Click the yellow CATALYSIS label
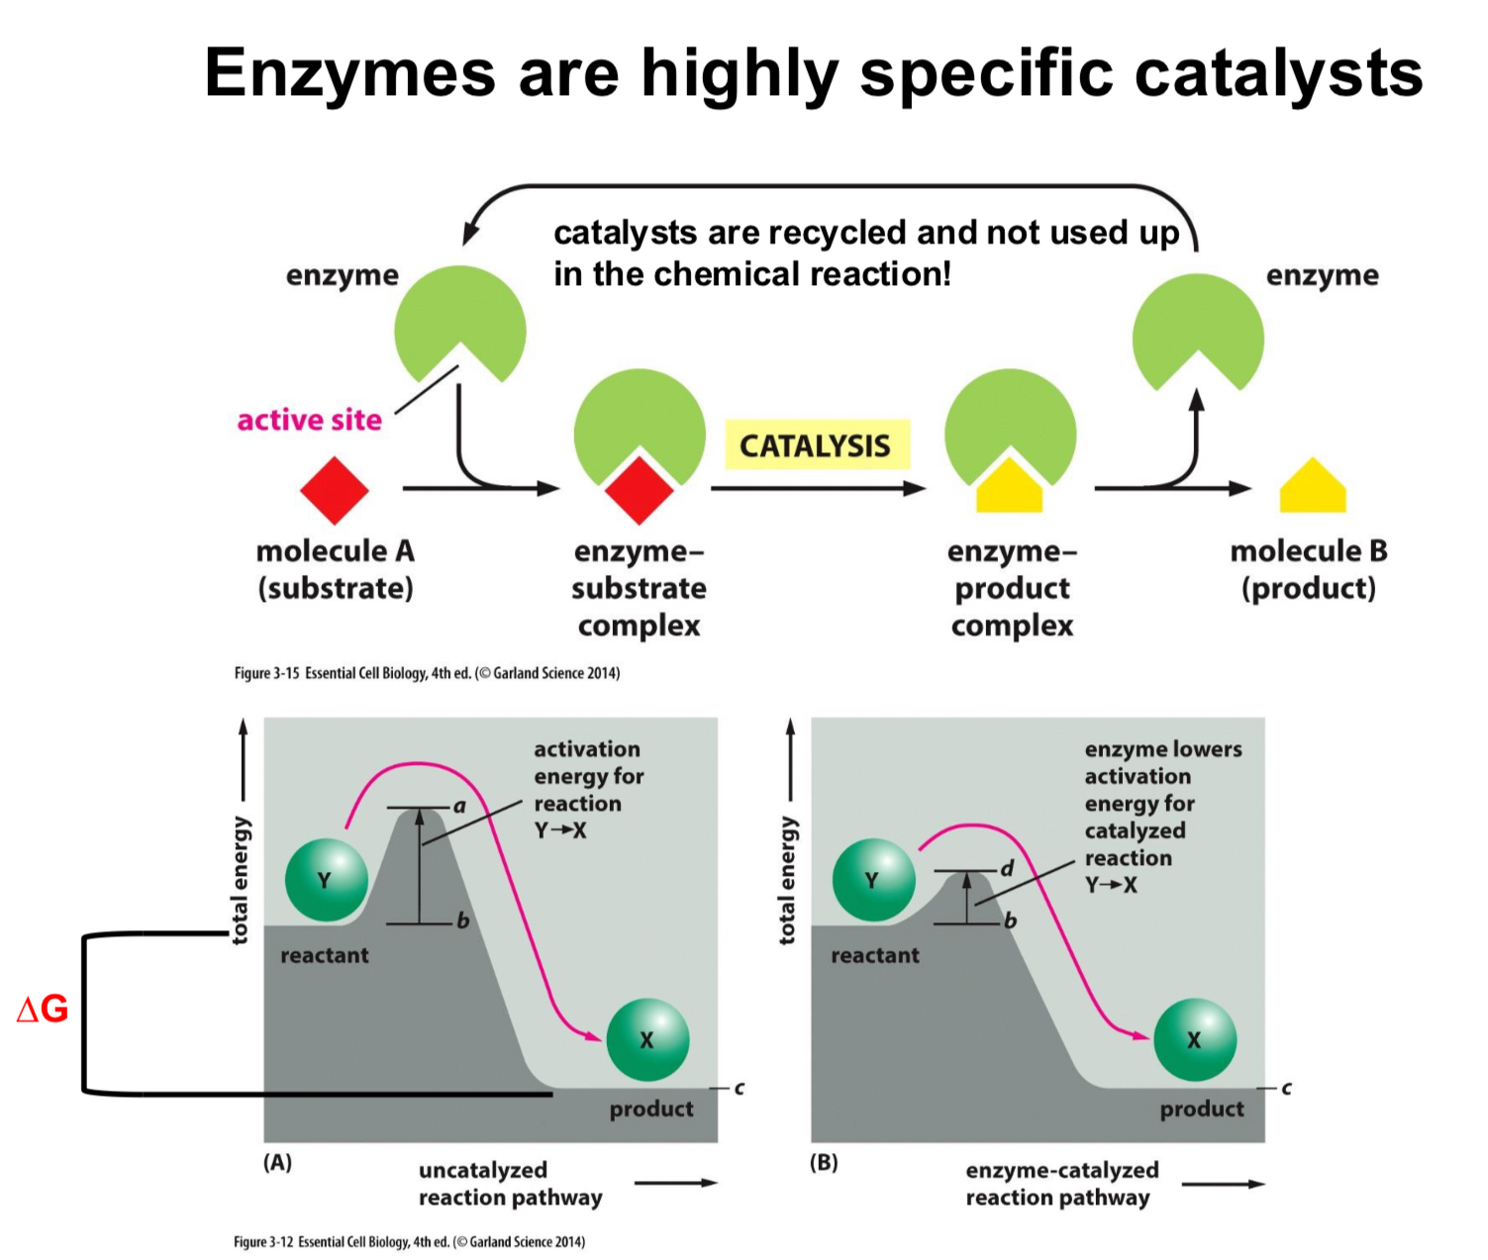pos(816,445)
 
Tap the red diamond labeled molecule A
pos(335,490)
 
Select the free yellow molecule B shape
pos(1312,487)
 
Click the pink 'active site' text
pos(309,420)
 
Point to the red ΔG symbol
pos(43,1009)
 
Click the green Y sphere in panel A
pos(326,880)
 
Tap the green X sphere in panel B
pos(1195,1039)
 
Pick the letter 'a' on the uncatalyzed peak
pos(459,806)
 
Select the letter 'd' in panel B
pos(1007,869)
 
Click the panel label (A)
pos(277,1162)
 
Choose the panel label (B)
pos(824,1162)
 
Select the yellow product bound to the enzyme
pos(1009,487)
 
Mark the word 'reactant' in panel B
pos(874,955)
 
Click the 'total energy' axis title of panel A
pos(241,880)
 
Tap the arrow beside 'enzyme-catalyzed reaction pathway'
pos(1224,1184)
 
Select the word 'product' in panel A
pos(651,1109)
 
